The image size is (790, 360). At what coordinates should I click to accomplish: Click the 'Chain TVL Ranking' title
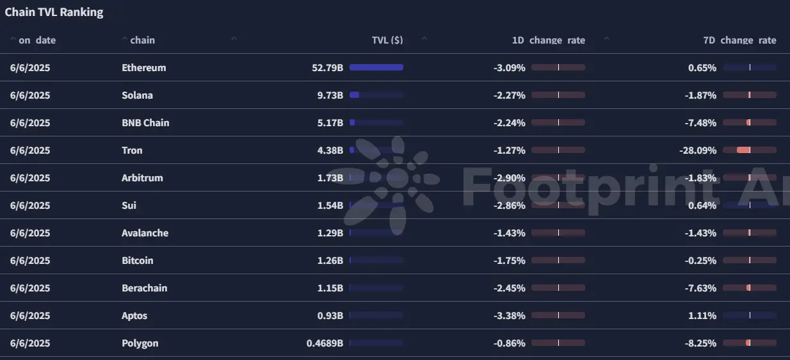(54, 12)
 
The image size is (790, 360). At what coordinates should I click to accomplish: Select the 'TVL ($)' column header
(387, 40)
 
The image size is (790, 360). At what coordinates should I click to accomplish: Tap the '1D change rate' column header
(549, 40)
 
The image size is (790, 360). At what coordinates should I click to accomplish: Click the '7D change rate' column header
(739, 40)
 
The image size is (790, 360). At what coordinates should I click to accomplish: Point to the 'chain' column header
(143, 40)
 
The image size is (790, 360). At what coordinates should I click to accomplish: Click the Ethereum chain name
(143, 68)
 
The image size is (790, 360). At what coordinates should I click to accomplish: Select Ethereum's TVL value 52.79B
(327, 68)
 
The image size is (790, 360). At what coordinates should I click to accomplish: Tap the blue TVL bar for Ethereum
(376, 67)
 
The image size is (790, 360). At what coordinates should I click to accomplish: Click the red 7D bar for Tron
(743, 150)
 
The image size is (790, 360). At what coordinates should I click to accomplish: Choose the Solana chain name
(137, 95)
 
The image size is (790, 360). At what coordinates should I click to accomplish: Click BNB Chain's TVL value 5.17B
(330, 123)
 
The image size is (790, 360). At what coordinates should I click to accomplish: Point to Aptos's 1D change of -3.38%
(510, 316)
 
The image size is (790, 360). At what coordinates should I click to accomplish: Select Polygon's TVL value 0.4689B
(325, 343)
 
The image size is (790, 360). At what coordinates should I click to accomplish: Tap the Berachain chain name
(144, 288)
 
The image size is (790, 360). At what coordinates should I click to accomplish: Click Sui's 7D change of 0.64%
(702, 206)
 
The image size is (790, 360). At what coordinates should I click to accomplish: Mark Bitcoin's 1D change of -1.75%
(510, 261)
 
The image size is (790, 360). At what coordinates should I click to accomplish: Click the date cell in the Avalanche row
(30, 233)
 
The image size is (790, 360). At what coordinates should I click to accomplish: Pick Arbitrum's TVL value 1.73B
(330, 178)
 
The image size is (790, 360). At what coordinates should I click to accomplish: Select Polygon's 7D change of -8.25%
(700, 343)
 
